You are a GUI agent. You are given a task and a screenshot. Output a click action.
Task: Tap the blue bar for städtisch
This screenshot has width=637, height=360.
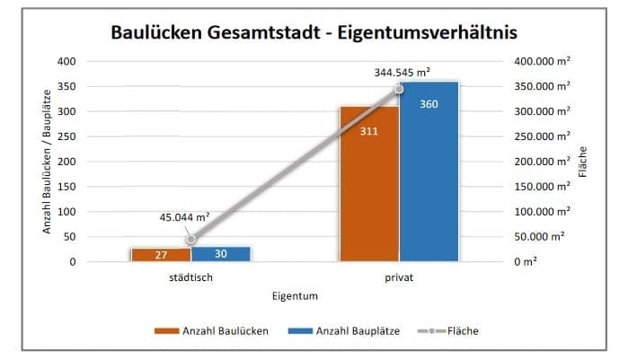pyautogui.click(x=220, y=254)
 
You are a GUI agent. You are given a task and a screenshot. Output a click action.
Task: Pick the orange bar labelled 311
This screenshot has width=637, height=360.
pyautogui.click(x=368, y=184)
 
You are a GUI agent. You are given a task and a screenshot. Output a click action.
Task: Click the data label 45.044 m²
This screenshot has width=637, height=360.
pyautogui.click(x=184, y=216)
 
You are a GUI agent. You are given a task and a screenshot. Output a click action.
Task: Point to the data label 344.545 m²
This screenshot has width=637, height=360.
pyautogui.click(x=403, y=70)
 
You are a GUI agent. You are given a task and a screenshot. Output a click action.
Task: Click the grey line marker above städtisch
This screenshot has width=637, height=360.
pyautogui.click(x=190, y=240)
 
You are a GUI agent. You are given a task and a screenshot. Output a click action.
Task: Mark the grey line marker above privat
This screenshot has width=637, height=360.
pyautogui.click(x=399, y=89)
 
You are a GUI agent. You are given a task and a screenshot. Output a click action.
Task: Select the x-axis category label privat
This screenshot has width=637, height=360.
pyautogui.click(x=399, y=277)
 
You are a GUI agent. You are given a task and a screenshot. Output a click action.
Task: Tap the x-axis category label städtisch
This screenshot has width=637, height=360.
pyautogui.click(x=190, y=277)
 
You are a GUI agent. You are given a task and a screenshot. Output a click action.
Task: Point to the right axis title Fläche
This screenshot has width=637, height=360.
pyautogui.click(x=583, y=162)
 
